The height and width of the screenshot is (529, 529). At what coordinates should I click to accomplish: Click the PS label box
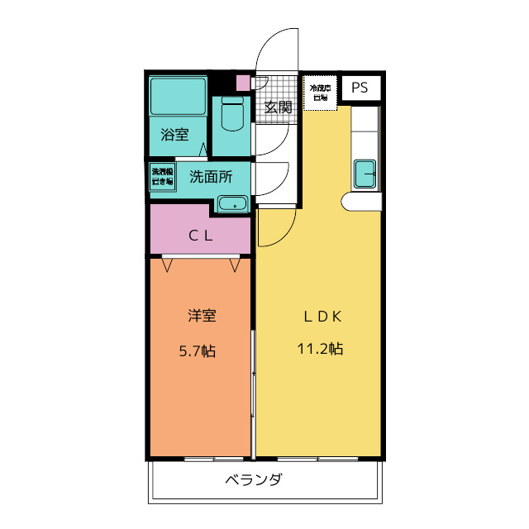[360, 88]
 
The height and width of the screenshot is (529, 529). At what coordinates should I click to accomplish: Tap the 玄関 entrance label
[279, 107]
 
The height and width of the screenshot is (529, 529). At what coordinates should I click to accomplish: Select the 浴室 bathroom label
[174, 134]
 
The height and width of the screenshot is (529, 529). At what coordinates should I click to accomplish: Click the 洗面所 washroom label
[210, 175]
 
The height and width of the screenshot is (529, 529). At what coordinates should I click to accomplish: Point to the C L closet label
[201, 235]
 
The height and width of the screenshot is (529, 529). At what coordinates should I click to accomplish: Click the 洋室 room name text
[201, 315]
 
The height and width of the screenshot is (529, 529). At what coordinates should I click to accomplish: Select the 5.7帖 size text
[198, 350]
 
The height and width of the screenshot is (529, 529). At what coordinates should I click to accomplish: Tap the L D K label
[320, 315]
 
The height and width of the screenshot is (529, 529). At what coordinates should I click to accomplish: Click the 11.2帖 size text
[320, 349]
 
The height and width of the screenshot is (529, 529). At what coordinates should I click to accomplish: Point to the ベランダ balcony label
[254, 479]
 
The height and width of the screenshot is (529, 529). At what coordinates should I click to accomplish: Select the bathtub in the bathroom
[178, 98]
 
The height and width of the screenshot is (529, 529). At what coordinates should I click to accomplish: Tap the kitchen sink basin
[365, 174]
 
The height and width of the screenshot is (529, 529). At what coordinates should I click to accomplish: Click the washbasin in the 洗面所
[232, 203]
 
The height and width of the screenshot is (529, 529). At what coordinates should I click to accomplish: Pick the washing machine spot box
[162, 177]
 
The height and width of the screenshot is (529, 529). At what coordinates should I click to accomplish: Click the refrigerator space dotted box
[320, 93]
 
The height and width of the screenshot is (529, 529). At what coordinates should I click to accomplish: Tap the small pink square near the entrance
[242, 83]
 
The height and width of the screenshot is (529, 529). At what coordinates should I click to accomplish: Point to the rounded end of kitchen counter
[348, 202]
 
